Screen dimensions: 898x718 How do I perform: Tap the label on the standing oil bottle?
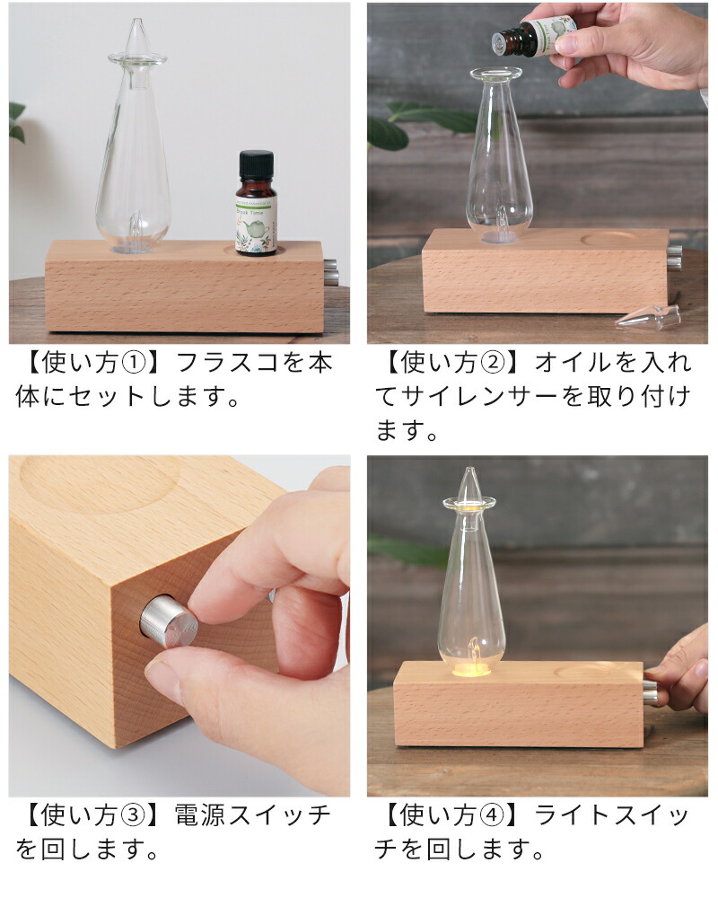(x=257, y=219)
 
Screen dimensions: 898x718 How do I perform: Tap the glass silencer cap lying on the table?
(x=650, y=317)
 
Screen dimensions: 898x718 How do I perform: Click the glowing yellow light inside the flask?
(x=472, y=665)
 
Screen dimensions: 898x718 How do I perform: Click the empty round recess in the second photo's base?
(x=611, y=239)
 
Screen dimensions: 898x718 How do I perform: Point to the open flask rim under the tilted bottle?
(x=495, y=73)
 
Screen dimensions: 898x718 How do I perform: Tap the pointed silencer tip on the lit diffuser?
(x=468, y=485)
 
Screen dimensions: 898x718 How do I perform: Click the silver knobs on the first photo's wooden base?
(x=330, y=271)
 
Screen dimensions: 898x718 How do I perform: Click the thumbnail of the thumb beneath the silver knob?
(x=162, y=671)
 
